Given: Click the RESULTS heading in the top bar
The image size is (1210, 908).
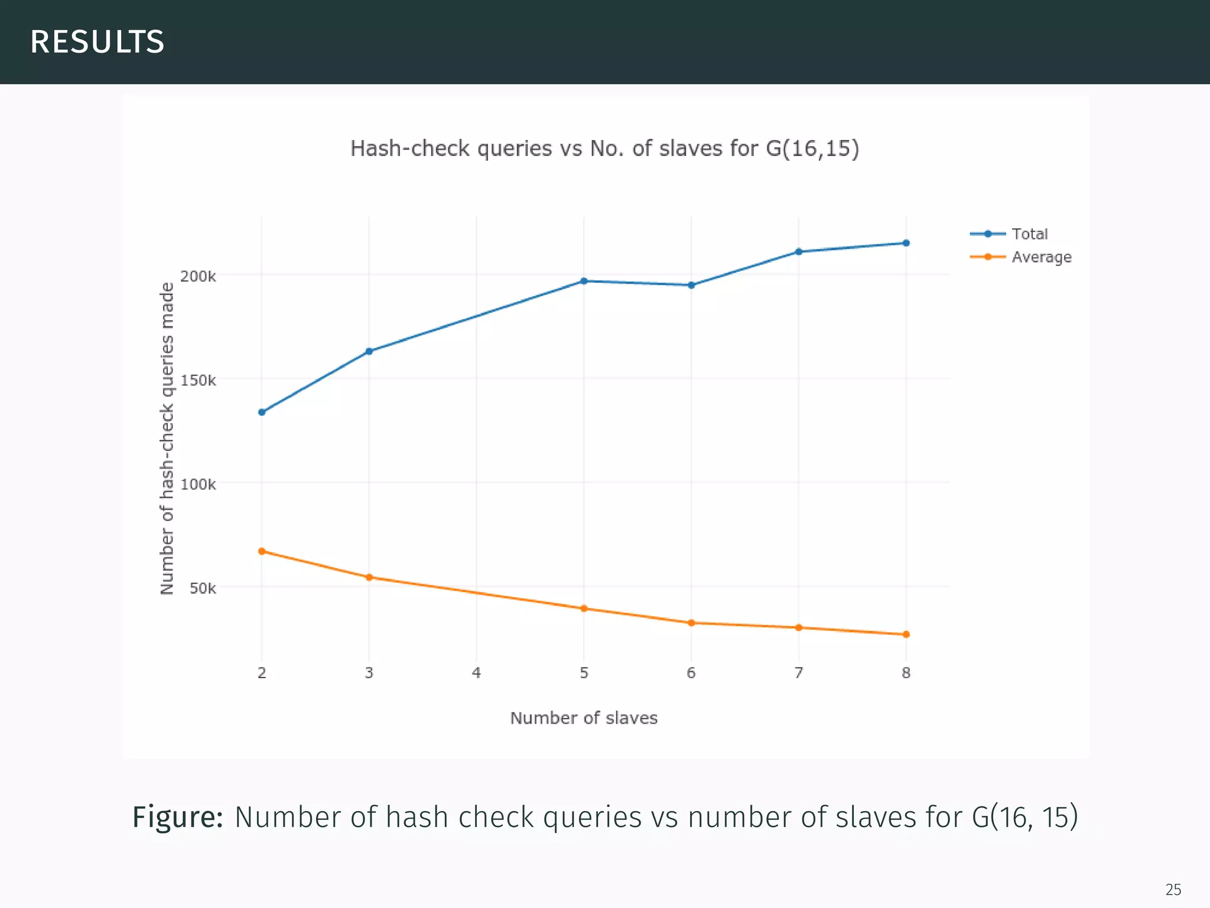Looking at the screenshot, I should click(x=97, y=42).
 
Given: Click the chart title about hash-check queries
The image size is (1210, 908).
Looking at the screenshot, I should click(x=604, y=148).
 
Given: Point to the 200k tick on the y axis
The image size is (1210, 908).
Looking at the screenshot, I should click(x=198, y=276).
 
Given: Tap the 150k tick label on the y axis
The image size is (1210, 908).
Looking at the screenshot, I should click(x=198, y=380).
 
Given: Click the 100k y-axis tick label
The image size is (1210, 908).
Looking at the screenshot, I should click(x=198, y=484).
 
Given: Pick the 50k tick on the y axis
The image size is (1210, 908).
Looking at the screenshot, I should click(x=203, y=588).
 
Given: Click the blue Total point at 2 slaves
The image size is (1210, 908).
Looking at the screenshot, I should click(x=262, y=412).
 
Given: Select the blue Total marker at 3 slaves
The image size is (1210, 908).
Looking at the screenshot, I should click(x=369, y=351).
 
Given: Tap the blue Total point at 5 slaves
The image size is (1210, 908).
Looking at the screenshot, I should click(x=584, y=281).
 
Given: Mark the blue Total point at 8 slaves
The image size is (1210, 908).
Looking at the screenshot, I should click(x=906, y=243).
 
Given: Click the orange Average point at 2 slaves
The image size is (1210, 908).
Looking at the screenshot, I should click(x=262, y=551).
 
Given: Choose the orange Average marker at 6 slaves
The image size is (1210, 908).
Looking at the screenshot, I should click(x=691, y=622).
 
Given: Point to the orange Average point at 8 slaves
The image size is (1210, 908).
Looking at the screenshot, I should click(x=906, y=634).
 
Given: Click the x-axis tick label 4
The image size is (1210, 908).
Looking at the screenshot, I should click(x=476, y=673).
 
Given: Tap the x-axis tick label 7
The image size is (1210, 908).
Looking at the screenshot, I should click(x=799, y=673).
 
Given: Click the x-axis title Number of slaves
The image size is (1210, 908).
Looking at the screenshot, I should click(x=584, y=718).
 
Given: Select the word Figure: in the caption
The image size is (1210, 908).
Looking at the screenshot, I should click(x=177, y=818).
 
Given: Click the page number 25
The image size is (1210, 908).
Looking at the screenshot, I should click(x=1173, y=889).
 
